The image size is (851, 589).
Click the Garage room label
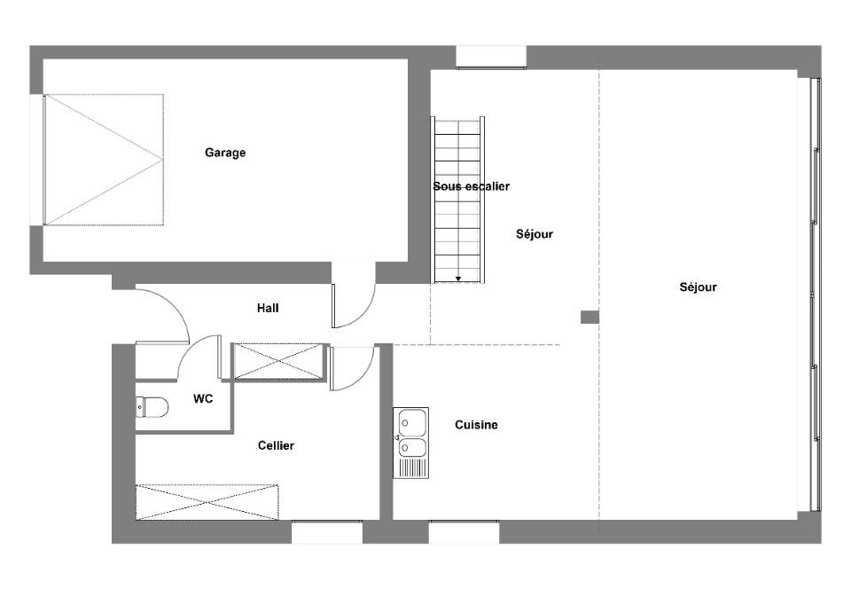pos(224,153)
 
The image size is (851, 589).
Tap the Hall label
pos(268,309)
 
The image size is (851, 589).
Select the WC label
pos(203,399)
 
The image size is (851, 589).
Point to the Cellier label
pos(276,445)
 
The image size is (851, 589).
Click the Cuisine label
pos(476,425)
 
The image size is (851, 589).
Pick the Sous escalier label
pos(471,187)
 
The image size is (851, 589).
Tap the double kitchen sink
pos(410,443)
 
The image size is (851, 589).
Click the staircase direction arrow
pos(458,279)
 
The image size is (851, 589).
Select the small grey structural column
pos(589,317)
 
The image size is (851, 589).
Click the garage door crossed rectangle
pos(104,160)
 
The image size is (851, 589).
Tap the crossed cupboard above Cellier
pos(278,361)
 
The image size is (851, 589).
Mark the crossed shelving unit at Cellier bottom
pos(207,503)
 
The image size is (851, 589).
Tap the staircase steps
pos(458,200)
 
